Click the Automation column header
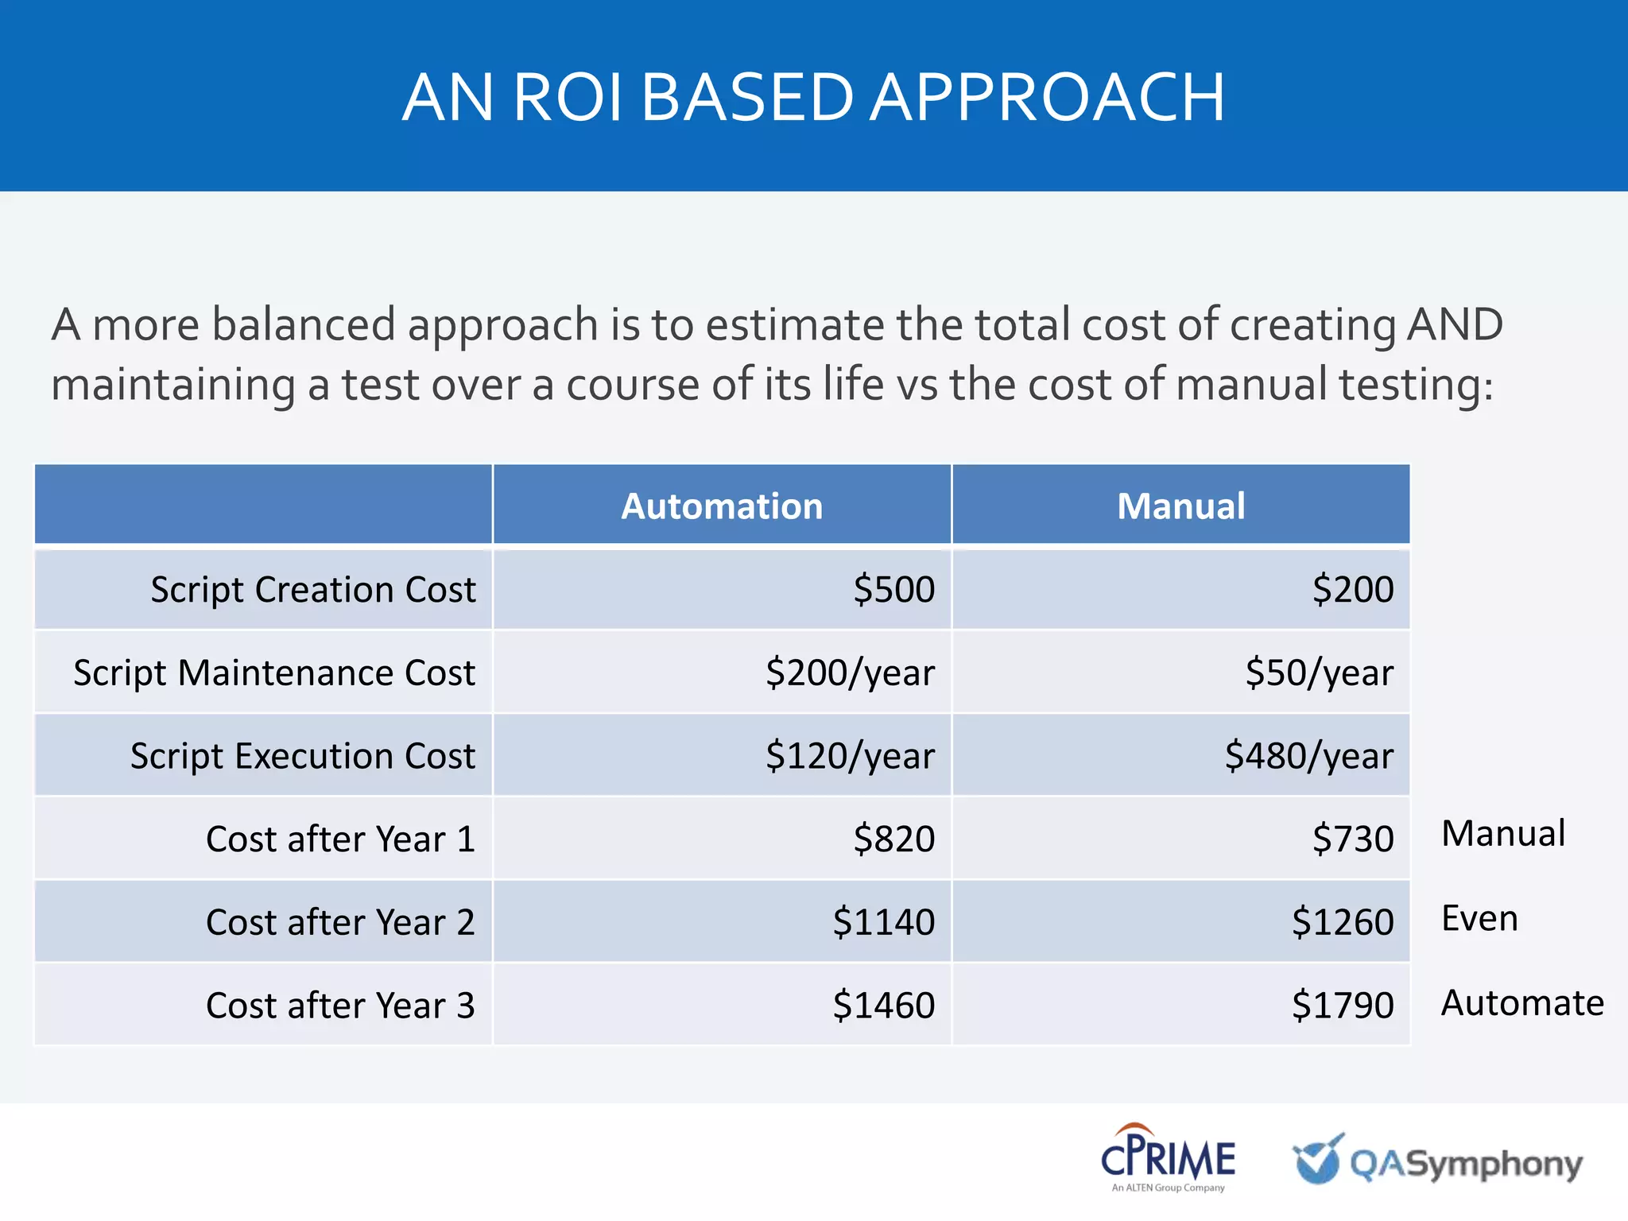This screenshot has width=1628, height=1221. pos(722,506)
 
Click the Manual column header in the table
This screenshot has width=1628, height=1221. pos(1180,506)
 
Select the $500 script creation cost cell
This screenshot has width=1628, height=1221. pos(893,590)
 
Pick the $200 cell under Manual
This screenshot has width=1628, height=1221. pos(1352,590)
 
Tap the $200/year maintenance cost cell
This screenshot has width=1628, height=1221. pos(850,673)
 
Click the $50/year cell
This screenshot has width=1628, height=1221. pos(1319,673)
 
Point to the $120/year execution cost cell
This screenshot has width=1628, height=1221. pos(850,756)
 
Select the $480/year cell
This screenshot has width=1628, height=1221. pos(1308,756)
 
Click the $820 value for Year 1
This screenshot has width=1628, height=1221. pos(893,839)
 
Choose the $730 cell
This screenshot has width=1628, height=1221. pos(1352,839)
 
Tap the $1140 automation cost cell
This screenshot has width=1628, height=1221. pos(883,922)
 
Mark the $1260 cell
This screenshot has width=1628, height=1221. pos(1342,922)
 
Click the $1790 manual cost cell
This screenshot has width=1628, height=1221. pos(1342,1006)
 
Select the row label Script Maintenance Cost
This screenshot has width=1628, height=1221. pos(274,673)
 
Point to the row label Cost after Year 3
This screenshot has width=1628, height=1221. pos(340,1006)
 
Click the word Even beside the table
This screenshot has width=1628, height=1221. pos(1479,919)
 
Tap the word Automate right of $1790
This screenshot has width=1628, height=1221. pos(1521,1003)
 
